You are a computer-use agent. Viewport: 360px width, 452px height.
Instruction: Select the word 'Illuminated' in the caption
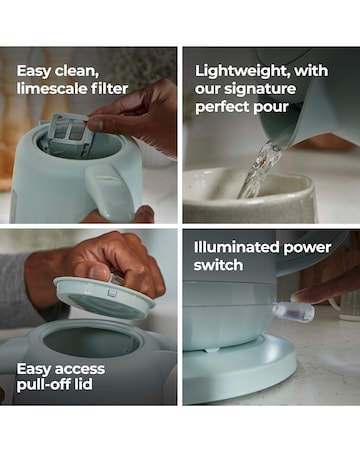(237, 247)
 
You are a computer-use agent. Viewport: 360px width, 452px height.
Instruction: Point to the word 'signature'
(260, 89)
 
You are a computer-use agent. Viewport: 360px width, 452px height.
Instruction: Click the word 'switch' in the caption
(218, 265)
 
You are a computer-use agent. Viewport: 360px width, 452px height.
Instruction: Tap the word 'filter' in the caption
(105, 89)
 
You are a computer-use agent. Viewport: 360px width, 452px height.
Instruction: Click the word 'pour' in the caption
(271, 108)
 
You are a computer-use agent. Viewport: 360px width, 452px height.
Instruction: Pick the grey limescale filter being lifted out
(71, 131)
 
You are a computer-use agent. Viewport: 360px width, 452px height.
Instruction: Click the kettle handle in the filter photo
(106, 190)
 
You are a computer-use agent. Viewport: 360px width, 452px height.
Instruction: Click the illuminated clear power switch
(293, 310)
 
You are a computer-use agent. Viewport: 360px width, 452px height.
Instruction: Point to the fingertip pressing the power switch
(300, 295)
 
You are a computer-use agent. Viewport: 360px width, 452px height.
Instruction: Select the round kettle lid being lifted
(104, 297)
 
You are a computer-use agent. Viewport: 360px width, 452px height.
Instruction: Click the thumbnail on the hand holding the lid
(100, 273)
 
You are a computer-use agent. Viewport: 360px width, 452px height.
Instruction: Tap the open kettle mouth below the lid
(91, 341)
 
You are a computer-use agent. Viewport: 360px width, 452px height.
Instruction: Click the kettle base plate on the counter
(240, 370)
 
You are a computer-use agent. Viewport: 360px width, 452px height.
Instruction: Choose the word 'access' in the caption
(80, 369)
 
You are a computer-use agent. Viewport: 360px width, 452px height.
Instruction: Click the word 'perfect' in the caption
(222, 107)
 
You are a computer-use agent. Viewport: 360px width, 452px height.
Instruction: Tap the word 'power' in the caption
(307, 248)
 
